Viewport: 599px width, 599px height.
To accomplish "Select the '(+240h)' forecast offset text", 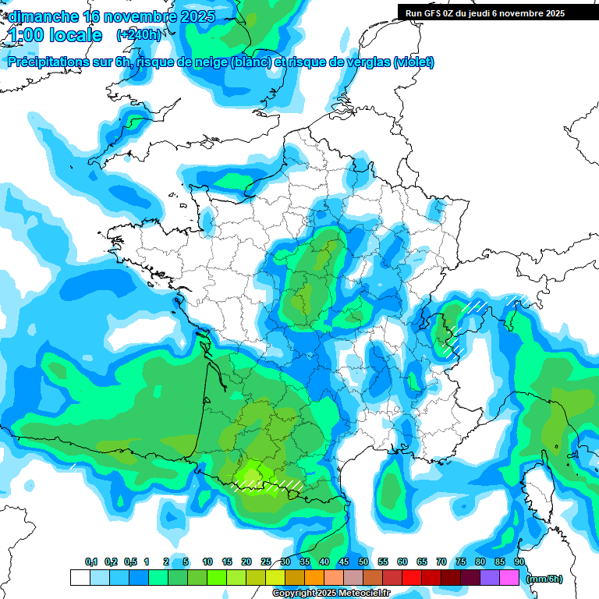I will [138, 35].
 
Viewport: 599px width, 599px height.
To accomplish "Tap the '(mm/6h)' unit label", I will [544, 578].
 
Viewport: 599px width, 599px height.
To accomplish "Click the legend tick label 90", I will [519, 562].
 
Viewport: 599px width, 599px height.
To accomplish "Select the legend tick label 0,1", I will [91, 562].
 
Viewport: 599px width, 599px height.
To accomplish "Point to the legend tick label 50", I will [363, 562].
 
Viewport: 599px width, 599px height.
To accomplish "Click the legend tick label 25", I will [266, 562].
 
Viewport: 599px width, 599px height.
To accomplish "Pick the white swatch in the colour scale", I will [80, 577].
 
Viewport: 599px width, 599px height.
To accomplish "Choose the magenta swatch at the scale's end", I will [509, 577].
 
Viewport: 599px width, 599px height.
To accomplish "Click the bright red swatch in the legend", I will [412, 577].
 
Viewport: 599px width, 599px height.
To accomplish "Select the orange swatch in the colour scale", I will [314, 577].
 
